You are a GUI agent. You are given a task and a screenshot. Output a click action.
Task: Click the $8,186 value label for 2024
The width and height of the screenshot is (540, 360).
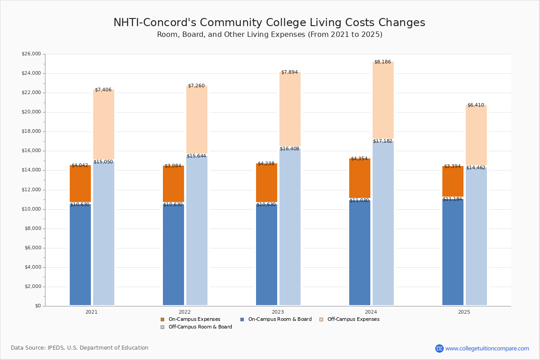click(382, 62)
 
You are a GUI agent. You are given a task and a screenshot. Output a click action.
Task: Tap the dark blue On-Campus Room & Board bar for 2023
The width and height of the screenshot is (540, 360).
click(266, 255)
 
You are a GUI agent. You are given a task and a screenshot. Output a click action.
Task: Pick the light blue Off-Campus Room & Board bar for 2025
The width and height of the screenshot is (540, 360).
click(476, 236)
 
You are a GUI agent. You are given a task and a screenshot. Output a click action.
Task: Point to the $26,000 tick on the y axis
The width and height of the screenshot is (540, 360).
click(31, 54)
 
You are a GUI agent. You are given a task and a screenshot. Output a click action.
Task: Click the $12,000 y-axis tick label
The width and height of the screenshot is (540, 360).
click(31, 190)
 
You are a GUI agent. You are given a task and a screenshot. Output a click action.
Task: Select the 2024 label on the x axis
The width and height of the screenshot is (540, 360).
click(371, 312)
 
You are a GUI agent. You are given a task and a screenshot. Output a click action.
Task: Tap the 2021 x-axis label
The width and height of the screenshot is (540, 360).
click(91, 312)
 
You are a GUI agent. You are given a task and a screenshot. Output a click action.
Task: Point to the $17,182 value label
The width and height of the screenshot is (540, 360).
click(382, 141)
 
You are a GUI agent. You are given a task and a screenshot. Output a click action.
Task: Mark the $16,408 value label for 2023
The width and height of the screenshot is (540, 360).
click(289, 149)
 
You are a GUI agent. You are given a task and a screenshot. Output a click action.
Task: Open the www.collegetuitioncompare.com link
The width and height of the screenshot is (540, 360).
click(487, 348)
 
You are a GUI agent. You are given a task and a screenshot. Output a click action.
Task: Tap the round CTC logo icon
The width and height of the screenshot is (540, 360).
click(439, 348)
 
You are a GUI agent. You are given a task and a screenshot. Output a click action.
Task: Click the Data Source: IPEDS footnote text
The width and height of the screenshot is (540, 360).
click(80, 348)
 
